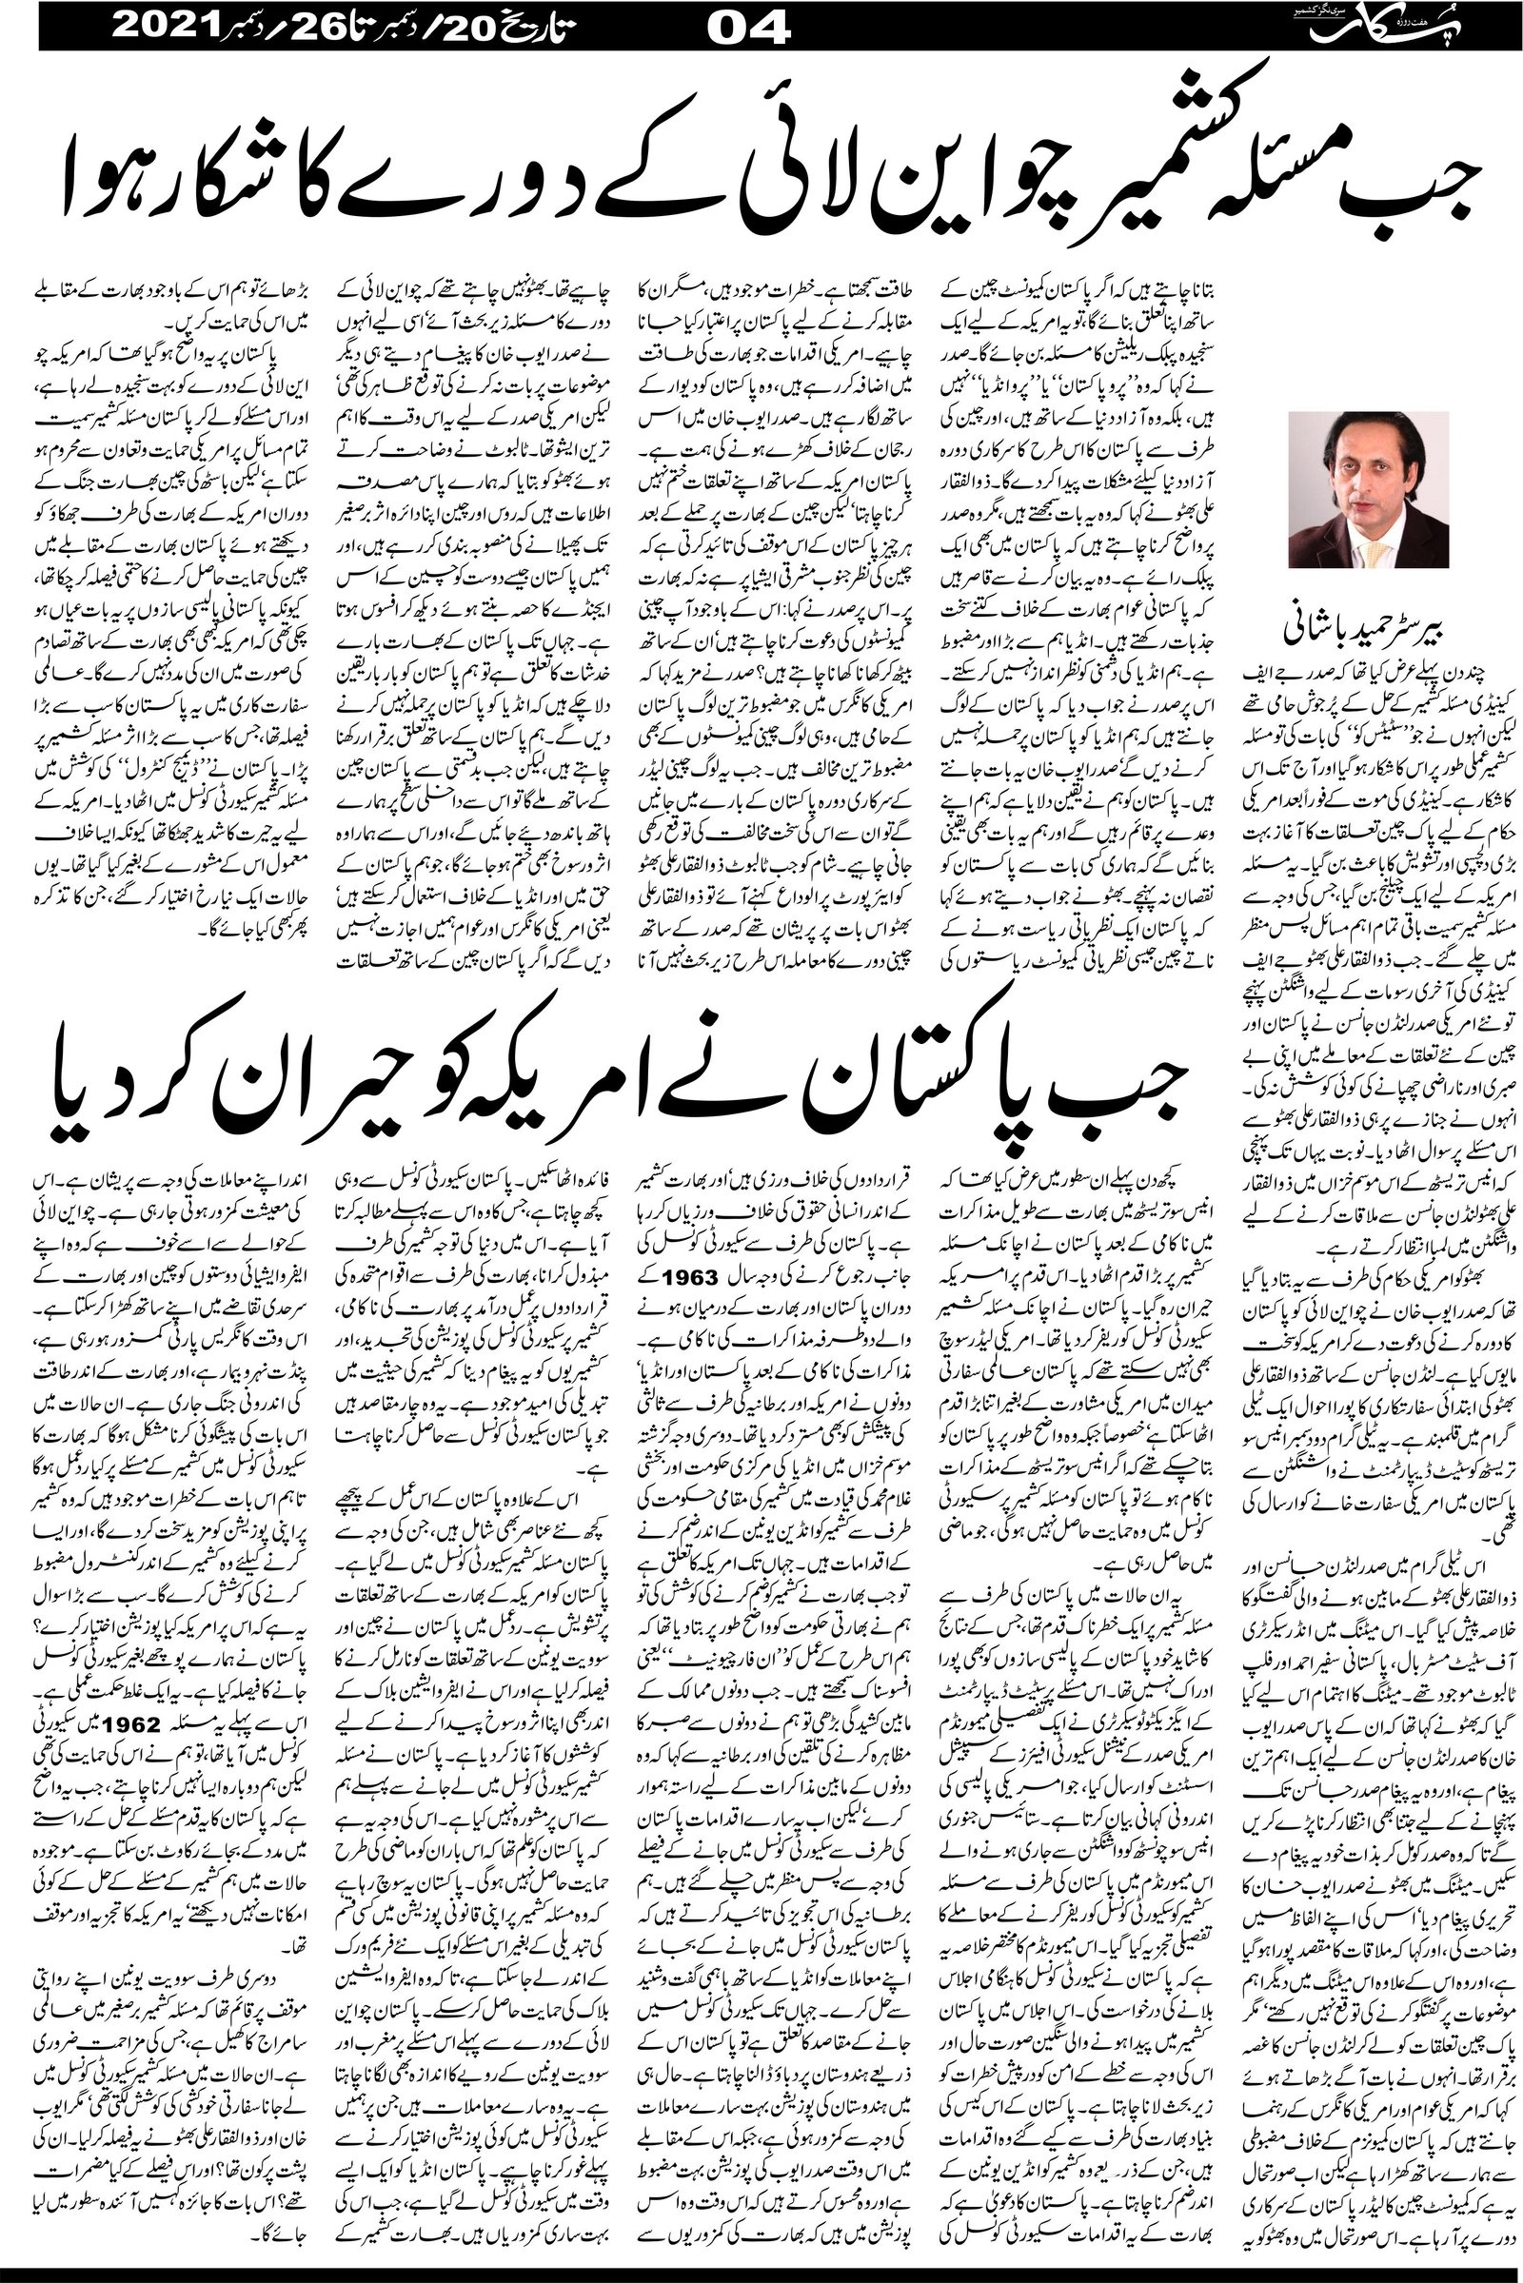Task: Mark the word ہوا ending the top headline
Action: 107,165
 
